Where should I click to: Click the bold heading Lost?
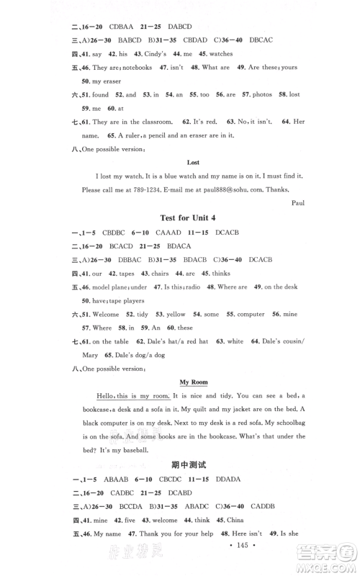point(193,163)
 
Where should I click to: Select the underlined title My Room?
point(193,384)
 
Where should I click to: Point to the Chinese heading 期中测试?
point(192,466)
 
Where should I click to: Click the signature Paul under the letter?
point(298,202)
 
